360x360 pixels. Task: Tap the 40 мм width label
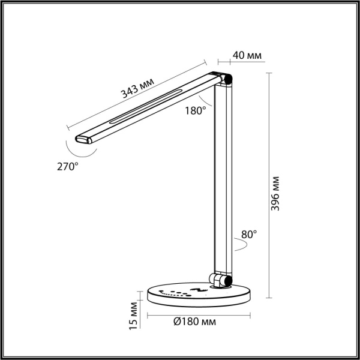pyautogui.click(x=247, y=56)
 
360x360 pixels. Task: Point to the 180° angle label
pyautogui.click(x=196, y=110)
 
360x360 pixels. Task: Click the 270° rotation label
pyautogui.click(x=68, y=166)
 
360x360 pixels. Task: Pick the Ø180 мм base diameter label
pyautogui.click(x=195, y=322)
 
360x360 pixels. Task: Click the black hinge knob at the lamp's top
pyautogui.click(x=227, y=79)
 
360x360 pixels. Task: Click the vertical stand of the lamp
pyautogui.click(x=223, y=180)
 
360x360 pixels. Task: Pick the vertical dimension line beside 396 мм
pyautogui.click(x=268, y=186)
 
